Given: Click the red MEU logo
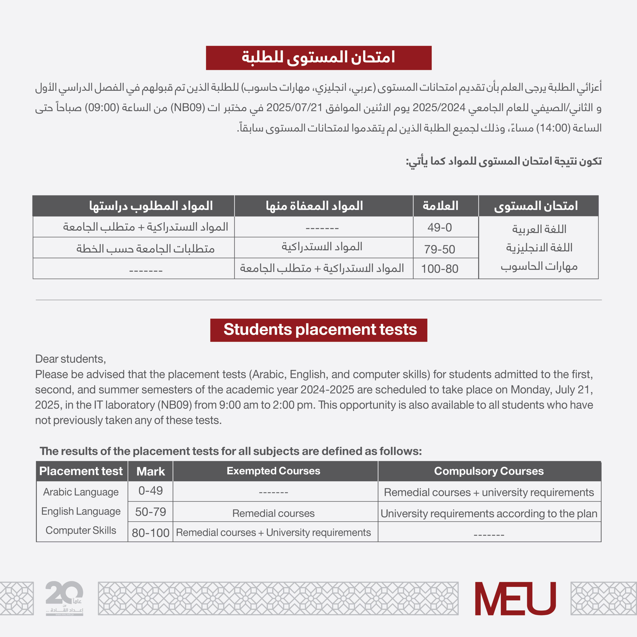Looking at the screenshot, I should pyautogui.click(x=515, y=598).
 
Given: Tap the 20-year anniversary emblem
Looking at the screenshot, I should pyautogui.click(x=64, y=597).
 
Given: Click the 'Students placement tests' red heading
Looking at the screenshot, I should pyautogui.click(x=318, y=330).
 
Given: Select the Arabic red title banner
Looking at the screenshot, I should pyautogui.click(x=318, y=58).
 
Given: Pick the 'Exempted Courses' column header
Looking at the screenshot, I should pyautogui.click(x=273, y=471).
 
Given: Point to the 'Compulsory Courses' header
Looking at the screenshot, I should pyautogui.click(x=489, y=471).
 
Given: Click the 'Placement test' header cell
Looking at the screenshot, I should pyautogui.click(x=81, y=471).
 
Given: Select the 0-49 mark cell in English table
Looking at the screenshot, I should pyautogui.click(x=150, y=491).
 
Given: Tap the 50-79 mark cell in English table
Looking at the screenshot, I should pyautogui.click(x=150, y=512).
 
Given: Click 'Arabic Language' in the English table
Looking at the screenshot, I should pyautogui.click(x=81, y=492).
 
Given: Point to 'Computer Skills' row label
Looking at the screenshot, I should pyautogui.click(x=81, y=530).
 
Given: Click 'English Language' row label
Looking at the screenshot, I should pyautogui.click(x=81, y=511).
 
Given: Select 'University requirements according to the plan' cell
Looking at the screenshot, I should pyautogui.click(x=489, y=514).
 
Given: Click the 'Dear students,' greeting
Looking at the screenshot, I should pyautogui.click(x=71, y=359).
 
